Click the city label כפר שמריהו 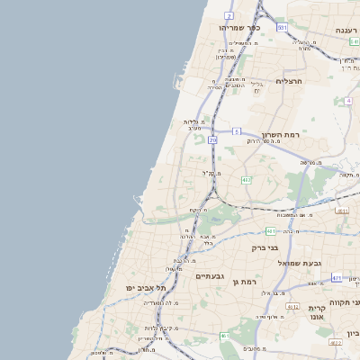coord(239,28)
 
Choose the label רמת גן coord(244,282)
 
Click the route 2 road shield coord(229,16)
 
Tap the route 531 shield coord(282,28)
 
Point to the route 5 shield coord(236,131)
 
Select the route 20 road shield coord(212,140)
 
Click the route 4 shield coord(348,101)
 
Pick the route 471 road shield coord(336,278)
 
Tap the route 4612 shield coord(292,307)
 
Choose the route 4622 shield coord(335,343)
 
